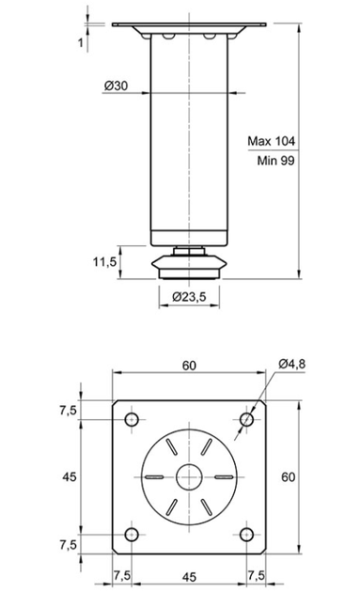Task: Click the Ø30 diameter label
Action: pyautogui.click(x=116, y=86)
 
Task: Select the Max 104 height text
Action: pyautogui.click(x=272, y=141)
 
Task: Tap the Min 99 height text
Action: pyautogui.click(x=275, y=161)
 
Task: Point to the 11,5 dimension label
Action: pyautogui.click(x=104, y=261)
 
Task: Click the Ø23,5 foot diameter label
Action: pyautogui.click(x=189, y=297)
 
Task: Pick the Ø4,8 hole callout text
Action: pyautogui.click(x=292, y=364)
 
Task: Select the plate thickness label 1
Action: pyautogui.click(x=81, y=42)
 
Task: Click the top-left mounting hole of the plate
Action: pyautogui.click(x=132, y=419)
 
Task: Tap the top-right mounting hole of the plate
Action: pyautogui.click(x=246, y=419)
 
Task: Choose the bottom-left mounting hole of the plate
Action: pyautogui.click(x=132, y=535)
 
